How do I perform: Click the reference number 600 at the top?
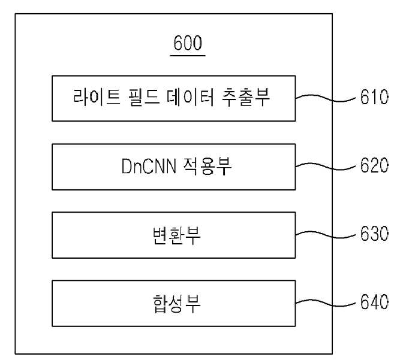tap(188, 43)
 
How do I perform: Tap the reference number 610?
tap(374, 97)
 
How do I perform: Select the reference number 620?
tap(374, 165)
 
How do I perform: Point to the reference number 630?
tap(374, 234)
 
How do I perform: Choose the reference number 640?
tap(374, 302)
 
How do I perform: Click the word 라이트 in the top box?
tap(97, 97)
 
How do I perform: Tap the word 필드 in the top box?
tap(143, 97)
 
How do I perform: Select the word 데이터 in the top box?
tap(190, 97)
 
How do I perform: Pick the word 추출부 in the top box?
tap(245, 97)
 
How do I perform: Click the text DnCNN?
tap(149, 166)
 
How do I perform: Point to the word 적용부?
tap(207, 167)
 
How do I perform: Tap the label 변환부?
tap(176, 235)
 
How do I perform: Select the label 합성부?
tap(176, 304)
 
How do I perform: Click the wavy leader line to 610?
tap(326, 98)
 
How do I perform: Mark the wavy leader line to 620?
tap(326, 167)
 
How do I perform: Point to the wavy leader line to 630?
tap(326, 235)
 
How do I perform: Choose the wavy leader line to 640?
tap(326, 303)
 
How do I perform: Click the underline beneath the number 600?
tap(188, 55)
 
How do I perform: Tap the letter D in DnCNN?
tap(127, 166)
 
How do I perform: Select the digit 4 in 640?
tap(375, 302)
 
